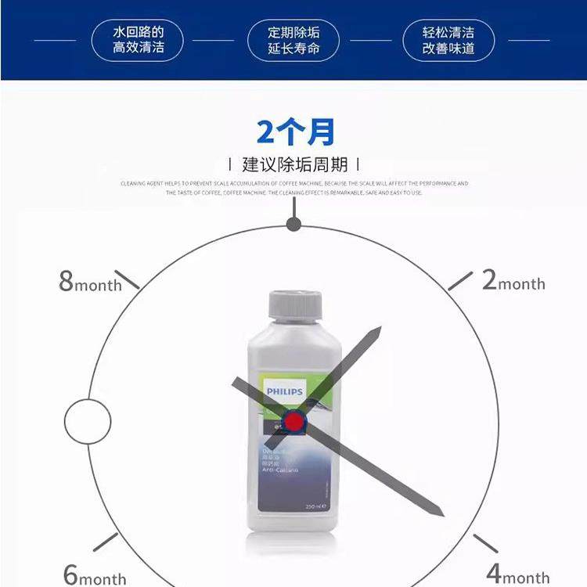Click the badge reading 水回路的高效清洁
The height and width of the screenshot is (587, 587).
(x=138, y=41)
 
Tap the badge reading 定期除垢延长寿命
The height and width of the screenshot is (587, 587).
(x=294, y=41)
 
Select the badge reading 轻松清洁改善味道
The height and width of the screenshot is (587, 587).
(x=448, y=41)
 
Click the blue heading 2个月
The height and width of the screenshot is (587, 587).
(x=295, y=132)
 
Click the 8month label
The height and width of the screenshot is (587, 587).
(x=90, y=282)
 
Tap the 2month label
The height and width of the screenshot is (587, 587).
(x=513, y=281)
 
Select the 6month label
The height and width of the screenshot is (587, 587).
(x=94, y=576)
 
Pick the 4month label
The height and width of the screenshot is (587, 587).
(x=517, y=576)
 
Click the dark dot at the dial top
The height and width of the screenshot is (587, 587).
(x=293, y=225)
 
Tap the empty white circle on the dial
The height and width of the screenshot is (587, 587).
(x=88, y=422)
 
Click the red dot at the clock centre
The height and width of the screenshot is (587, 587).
(x=294, y=423)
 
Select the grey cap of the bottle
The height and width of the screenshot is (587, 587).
(x=295, y=305)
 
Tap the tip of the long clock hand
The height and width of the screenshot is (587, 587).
(x=442, y=515)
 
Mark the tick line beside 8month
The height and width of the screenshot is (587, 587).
(x=128, y=279)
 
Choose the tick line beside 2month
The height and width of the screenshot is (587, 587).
(x=460, y=280)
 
